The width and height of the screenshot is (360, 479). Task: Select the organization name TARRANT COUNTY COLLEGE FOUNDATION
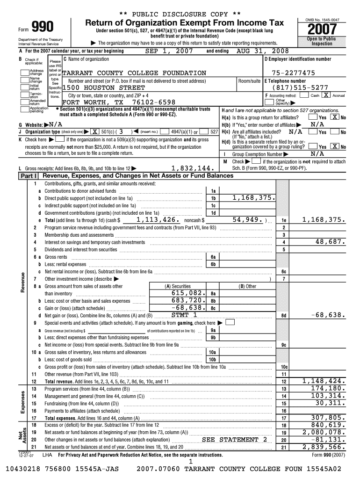coord(134,73)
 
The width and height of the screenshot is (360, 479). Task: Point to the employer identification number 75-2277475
coord(290,73)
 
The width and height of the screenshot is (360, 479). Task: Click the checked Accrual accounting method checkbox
coord(326,95)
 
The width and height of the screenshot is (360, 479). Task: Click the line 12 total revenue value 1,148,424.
coord(324,381)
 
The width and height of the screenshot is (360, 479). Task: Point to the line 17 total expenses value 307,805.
coord(327,418)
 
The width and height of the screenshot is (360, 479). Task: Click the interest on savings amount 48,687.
coord(330,242)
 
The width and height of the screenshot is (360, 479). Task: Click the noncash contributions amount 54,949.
coord(248,219)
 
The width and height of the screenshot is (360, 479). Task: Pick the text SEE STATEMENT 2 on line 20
coord(235,440)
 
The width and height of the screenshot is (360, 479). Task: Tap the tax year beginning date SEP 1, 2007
coord(169,51)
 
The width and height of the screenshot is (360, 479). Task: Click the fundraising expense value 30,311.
coord(330,403)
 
